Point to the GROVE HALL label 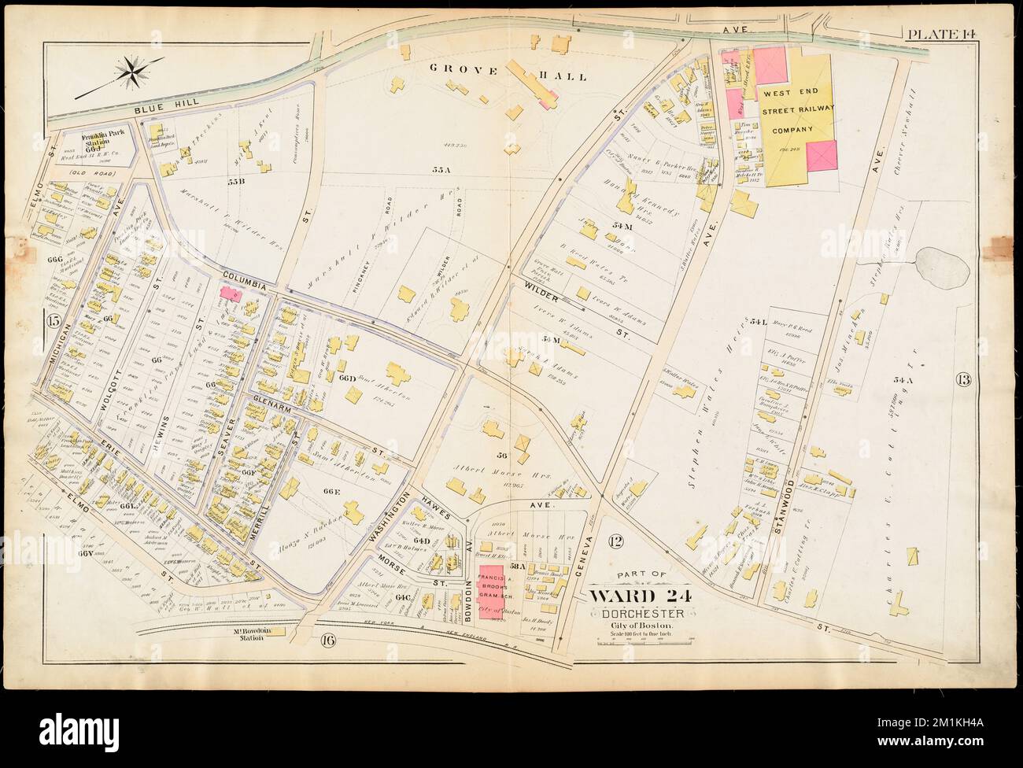507,73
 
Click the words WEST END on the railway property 784,93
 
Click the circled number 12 615,541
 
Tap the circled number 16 327,640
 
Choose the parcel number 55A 440,169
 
